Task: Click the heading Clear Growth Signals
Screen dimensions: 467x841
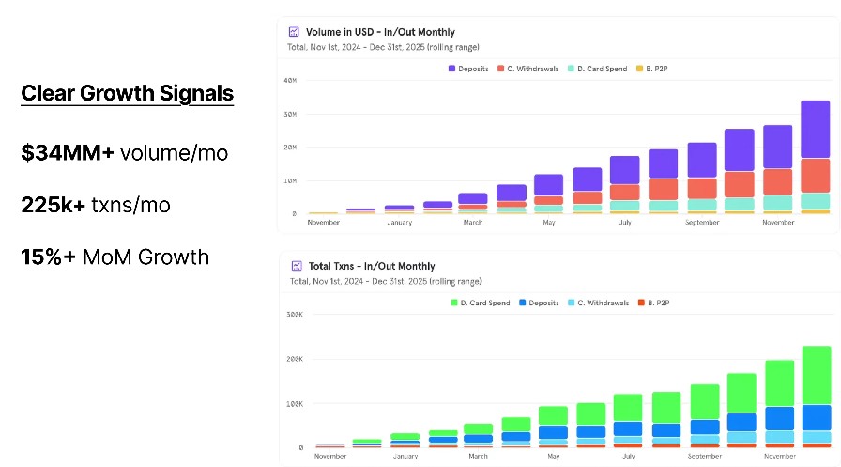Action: [x=127, y=93]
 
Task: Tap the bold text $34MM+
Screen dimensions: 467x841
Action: [x=68, y=152]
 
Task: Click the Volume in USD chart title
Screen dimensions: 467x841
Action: [x=380, y=32]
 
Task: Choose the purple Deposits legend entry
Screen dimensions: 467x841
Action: [x=468, y=69]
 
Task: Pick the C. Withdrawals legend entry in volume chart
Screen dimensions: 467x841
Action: [x=531, y=69]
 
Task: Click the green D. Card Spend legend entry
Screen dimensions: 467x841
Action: [x=480, y=303]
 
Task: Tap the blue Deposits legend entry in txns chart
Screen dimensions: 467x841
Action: [x=540, y=303]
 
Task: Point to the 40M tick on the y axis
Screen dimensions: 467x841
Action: [x=289, y=81]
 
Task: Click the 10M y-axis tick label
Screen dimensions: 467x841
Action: [x=289, y=180]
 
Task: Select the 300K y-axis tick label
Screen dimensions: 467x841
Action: [x=293, y=315]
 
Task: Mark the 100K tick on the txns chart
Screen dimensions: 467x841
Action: [x=293, y=404]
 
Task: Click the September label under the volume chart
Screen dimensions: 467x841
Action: [x=701, y=223]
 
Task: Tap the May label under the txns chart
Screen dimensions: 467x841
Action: [x=552, y=457]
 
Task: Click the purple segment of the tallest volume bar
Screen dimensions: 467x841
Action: [x=815, y=130]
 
